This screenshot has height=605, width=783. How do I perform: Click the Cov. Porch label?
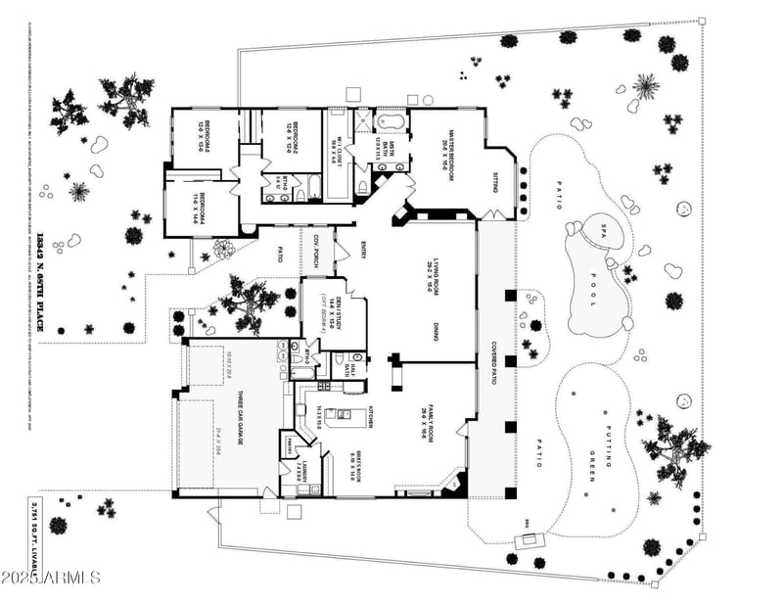(x=316, y=254)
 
